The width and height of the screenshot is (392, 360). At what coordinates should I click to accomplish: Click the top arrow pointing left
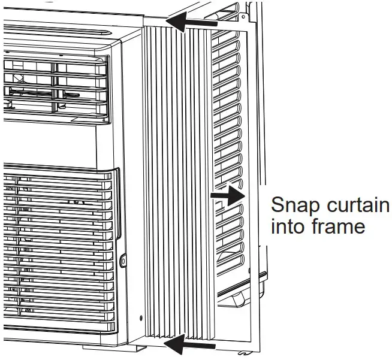pyautogui.click(x=191, y=23)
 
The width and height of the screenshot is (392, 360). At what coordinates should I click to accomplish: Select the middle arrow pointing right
pyautogui.click(x=227, y=196)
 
